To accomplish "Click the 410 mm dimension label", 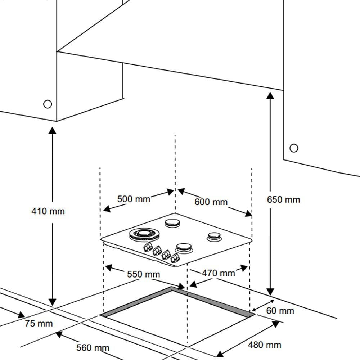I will coord(48,211).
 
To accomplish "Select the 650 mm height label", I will coord(283,199).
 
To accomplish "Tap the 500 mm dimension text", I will coord(134,199).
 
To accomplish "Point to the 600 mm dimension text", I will coord(211,202).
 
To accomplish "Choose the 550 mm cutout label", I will coord(143,274).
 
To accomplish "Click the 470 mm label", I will coord(218,273).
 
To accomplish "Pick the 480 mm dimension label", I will coord(264,345).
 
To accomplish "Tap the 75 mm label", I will coord(39,323).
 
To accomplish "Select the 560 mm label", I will coord(93,348).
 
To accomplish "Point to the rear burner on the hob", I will coord(172,224).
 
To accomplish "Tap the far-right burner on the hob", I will coord(214,237).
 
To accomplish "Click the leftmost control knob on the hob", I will coord(148,247).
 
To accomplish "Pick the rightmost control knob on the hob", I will coord(175,257).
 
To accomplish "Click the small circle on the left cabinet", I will coord(48,104).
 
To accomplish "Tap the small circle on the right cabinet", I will coord(294,148).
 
